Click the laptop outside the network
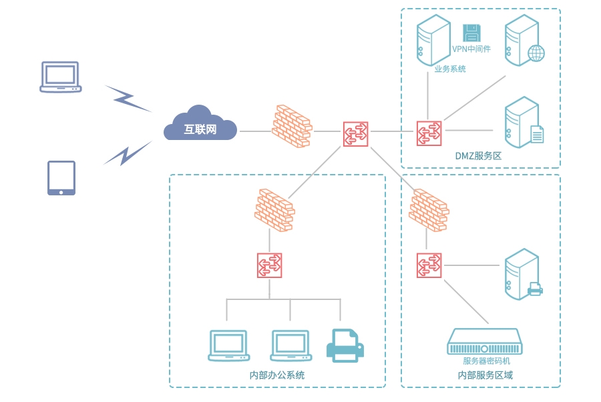(61, 77)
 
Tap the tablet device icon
(61, 178)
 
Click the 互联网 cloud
(200, 125)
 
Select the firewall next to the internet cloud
(292, 127)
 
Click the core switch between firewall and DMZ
(355, 133)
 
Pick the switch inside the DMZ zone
(428, 133)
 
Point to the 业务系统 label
(450, 69)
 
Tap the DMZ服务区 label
(478, 155)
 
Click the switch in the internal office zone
(270, 265)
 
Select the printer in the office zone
(345, 345)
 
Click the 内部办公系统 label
(277, 375)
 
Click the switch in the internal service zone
(429, 265)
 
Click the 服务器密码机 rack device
(485, 341)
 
